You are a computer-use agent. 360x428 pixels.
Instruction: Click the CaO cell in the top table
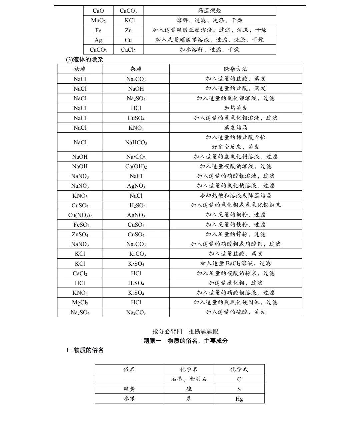click(x=98, y=11)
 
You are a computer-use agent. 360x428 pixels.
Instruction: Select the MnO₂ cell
click(x=98, y=20)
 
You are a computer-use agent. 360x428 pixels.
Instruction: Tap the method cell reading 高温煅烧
click(x=209, y=11)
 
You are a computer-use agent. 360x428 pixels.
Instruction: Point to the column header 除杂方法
click(x=235, y=69)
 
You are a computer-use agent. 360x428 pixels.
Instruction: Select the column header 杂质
click(x=136, y=69)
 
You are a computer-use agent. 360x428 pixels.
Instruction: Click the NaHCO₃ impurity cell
click(x=136, y=142)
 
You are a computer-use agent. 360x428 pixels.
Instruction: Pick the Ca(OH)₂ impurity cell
click(x=136, y=166)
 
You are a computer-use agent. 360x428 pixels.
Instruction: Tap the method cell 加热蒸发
click(x=235, y=108)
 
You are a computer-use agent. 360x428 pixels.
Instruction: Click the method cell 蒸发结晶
click(x=235, y=128)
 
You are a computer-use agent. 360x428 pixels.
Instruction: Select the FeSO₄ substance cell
click(x=80, y=225)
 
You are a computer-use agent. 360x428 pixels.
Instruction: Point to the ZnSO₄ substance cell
click(x=80, y=234)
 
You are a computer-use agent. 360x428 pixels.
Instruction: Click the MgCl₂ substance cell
click(x=80, y=302)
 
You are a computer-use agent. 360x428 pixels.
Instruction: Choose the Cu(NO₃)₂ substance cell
click(x=80, y=215)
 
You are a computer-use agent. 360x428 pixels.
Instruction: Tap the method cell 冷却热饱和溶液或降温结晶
click(x=235, y=196)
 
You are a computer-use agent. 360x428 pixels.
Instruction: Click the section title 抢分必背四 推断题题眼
click(x=185, y=331)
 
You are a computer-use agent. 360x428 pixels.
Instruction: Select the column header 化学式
click(x=239, y=369)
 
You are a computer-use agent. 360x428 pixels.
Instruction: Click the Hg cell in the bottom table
click(x=239, y=399)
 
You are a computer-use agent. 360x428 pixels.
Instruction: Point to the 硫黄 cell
click(x=129, y=389)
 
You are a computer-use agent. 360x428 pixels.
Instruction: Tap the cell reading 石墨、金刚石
click(x=189, y=379)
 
